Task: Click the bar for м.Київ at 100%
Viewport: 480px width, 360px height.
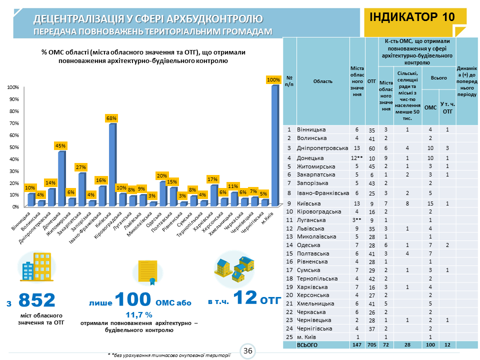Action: tap(274, 145)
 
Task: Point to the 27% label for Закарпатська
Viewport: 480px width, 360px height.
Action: tap(81, 167)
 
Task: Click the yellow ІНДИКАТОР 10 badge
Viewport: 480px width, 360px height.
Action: tap(412, 16)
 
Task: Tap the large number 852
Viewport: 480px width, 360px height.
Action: tap(36, 300)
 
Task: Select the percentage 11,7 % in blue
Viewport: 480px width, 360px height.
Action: tap(138, 315)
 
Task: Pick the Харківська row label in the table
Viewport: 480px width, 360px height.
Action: tap(312, 287)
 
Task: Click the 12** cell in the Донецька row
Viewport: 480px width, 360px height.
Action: tap(356, 158)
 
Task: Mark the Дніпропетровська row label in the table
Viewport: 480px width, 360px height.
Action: tap(322, 148)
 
